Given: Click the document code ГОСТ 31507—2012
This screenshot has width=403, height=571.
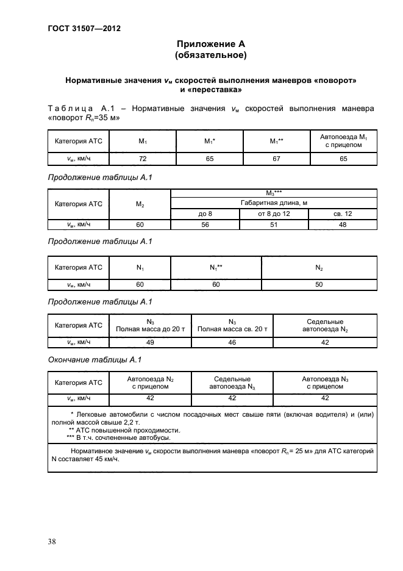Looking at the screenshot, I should [x=79, y=28].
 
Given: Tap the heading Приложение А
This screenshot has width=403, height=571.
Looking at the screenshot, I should [x=210, y=44].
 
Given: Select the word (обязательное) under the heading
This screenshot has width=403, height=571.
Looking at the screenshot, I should [x=210, y=56].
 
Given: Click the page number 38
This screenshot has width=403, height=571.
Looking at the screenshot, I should [x=52, y=541].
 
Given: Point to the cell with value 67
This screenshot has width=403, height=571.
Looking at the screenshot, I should [x=277, y=158].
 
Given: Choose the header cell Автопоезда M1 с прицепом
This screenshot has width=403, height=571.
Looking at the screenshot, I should [x=343, y=142].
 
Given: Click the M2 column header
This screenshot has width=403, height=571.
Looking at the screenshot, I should [x=140, y=204].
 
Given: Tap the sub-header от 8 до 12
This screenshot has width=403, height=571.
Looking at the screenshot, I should [x=274, y=214].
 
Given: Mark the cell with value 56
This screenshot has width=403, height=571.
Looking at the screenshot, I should [x=205, y=224].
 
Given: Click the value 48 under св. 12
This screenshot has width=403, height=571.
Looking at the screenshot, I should [x=343, y=224].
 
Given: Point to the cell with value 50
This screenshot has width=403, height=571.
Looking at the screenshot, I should [x=318, y=284].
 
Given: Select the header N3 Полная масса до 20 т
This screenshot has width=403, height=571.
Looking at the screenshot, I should [x=150, y=325].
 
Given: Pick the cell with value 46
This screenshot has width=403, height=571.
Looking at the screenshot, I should [x=232, y=343].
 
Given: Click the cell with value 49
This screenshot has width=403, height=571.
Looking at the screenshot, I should [x=150, y=343].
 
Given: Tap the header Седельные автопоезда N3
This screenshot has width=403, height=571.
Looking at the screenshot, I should [x=232, y=382].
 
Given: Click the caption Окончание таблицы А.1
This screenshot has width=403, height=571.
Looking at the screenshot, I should [x=95, y=359].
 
